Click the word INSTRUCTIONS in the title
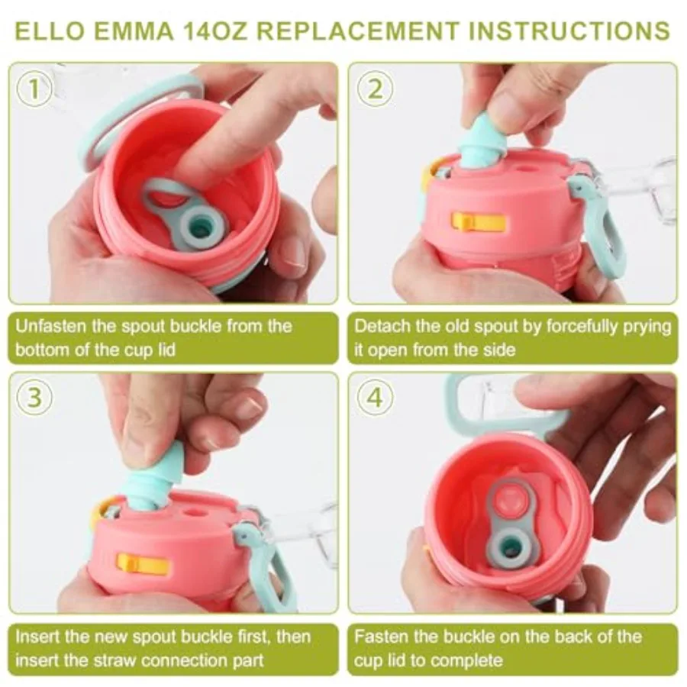(567, 31)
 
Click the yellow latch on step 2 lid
(478, 221)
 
